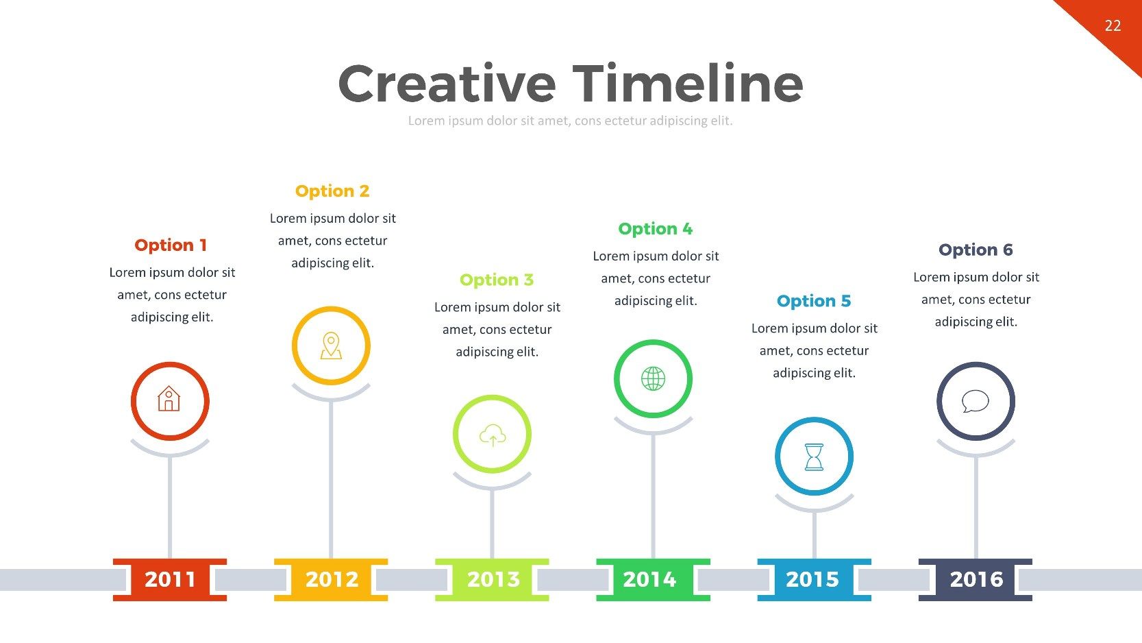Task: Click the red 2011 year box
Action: tap(170, 579)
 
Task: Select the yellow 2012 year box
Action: tap(331, 579)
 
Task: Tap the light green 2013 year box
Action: tap(492, 579)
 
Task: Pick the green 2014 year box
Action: tap(653, 579)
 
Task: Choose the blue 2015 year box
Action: tap(814, 579)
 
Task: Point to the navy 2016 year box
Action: tap(976, 579)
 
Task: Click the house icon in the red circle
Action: tap(169, 398)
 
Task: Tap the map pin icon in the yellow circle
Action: tap(331, 345)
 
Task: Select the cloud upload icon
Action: tap(493, 435)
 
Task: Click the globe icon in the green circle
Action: tap(653, 378)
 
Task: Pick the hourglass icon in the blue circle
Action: tap(814, 457)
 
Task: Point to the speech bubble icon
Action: tap(976, 401)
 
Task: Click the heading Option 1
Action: tap(171, 245)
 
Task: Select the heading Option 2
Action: tap(332, 191)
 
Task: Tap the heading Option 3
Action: tap(497, 280)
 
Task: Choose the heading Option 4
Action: tap(655, 229)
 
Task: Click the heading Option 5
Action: tap(814, 300)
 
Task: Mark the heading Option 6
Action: tap(976, 250)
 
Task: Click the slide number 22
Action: tap(1113, 25)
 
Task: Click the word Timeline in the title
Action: tap(688, 83)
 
